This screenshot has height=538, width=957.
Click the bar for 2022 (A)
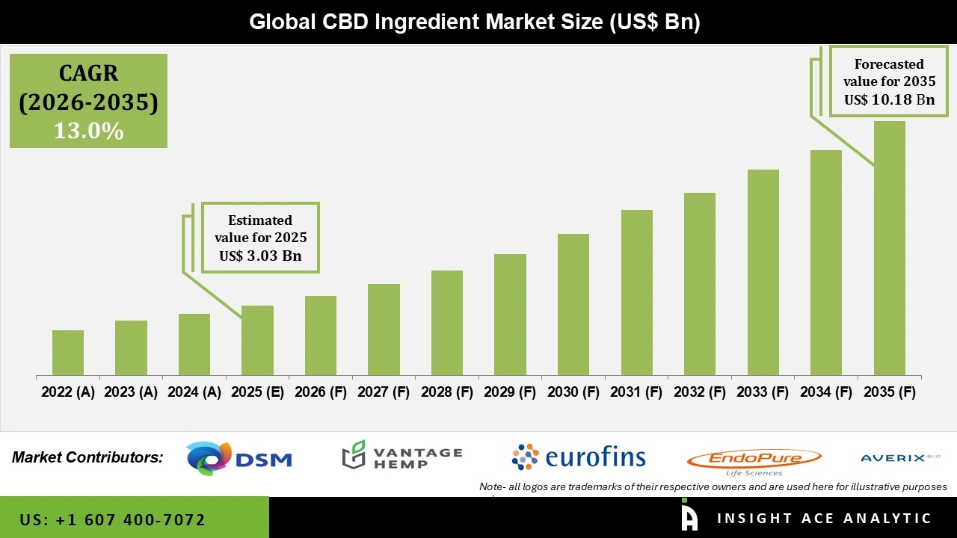(68, 353)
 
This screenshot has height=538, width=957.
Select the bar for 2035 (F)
(889, 248)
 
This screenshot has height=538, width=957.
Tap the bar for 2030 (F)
(573, 304)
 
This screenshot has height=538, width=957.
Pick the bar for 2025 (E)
(257, 340)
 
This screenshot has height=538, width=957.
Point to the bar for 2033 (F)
(763, 272)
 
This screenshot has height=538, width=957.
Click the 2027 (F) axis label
(384, 392)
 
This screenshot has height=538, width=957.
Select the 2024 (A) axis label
(194, 392)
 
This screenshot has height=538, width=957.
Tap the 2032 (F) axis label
(700, 392)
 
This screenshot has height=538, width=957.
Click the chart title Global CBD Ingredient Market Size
(474, 22)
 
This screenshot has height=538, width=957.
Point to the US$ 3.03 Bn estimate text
(260, 256)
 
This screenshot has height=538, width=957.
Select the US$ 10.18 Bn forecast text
(889, 99)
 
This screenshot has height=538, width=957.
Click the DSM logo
(239, 459)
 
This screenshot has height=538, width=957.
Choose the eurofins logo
(578, 457)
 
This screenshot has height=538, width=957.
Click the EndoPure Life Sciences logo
(754, 460)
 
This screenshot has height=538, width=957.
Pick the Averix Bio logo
(900, 457)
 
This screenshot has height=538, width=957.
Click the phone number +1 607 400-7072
(112, 519)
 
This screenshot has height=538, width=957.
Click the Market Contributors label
(87, 457)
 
